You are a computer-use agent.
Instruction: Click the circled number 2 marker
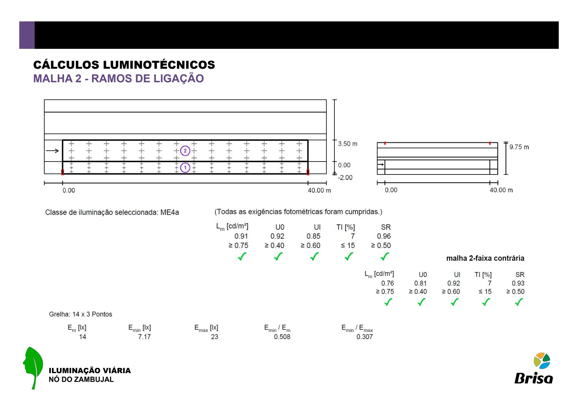click(x=185, y=151)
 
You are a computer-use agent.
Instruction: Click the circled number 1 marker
click(x=185, y=168)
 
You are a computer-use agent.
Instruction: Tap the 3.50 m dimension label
click(x=347, y=144)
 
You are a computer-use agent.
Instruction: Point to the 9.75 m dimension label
click(x=519, y=147)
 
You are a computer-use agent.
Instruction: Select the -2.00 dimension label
click(x=345, y=178)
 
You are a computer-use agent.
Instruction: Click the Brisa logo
click(x=534, y=368)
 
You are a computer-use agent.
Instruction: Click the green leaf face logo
click(x=33, y=368)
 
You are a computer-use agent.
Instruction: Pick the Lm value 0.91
click(x=241, y=236)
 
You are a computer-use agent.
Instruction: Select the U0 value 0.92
click(x=277, y=236)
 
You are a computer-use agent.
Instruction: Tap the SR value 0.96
click(x=384, y=236)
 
